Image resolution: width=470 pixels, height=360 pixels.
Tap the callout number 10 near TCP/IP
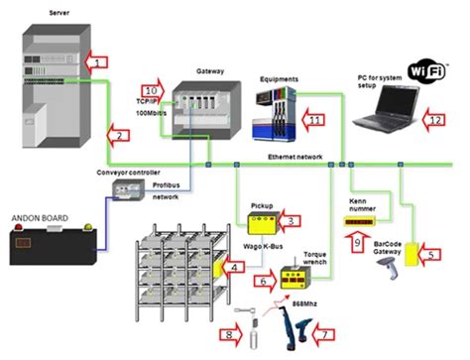(x=152, y=91)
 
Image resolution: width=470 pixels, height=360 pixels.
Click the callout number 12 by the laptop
(x=436, y=119)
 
